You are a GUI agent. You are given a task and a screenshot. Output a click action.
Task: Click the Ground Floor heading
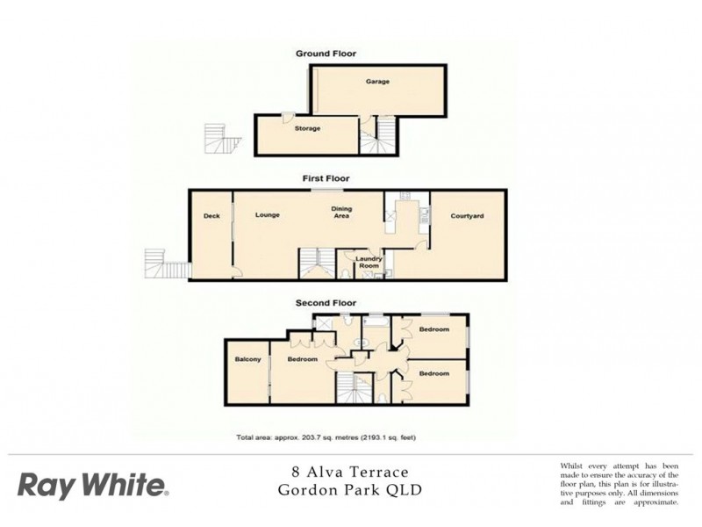pyautogui.click(x=326, y=54)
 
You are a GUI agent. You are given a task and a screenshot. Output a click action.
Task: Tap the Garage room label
pyautogui.click(x=377, y=82)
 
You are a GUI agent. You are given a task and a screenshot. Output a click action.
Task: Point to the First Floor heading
pyautogui.click(x=321, y=178)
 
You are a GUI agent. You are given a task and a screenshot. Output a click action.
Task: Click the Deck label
pyautogui.click(x=211, y=216)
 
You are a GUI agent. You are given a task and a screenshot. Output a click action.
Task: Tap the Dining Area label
pyautogui.click(x=341, y=212)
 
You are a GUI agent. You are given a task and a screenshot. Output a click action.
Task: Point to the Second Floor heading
pyautogui.click(x=322, y=303)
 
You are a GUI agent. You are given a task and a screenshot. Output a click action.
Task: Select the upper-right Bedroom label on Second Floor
pyautogui.click(x=433, y=329)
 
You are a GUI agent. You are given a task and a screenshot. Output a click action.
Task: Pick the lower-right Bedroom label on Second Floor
pyautogui.click(x=433, y=373)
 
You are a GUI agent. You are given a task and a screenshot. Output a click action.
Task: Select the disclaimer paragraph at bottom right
pyautogui.click(x=619, y=483)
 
